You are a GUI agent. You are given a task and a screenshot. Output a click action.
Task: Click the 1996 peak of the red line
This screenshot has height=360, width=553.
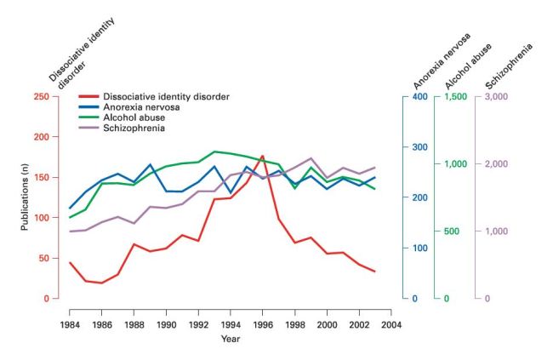[x=262, y=157]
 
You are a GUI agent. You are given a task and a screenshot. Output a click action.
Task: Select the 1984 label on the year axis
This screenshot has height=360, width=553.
[x=70, y=324]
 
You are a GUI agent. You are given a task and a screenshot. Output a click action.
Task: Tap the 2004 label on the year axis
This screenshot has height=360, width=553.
[x=391, y=324]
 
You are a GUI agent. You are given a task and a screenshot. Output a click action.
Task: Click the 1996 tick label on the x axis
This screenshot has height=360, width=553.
[x=262, y=324]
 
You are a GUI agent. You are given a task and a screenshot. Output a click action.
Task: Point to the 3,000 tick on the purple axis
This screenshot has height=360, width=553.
[x=498, y=96]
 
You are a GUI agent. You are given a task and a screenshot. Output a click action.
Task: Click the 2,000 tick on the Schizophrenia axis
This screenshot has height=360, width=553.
[x=498, y=163]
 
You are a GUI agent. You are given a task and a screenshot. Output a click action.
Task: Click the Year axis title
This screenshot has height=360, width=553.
[x=230, y=339]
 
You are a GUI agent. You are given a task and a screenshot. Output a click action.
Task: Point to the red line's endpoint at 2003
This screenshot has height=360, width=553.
[x=374, y=271]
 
